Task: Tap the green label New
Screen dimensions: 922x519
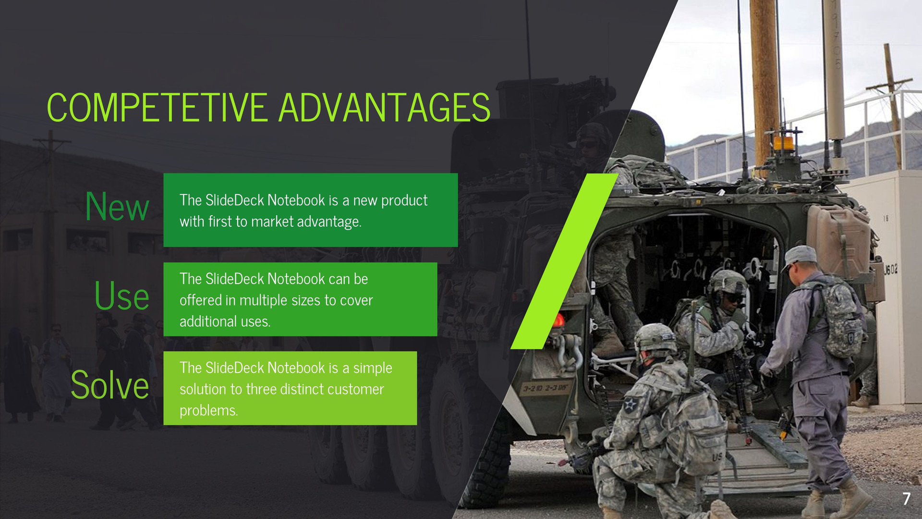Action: [x=117, y=207]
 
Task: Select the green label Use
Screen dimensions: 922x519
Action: [x=122, y=296]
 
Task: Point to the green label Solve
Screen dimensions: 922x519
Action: [x=110, y=385]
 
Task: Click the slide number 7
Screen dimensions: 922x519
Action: [x=906, y=498]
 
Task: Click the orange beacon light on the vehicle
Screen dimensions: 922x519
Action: [x=783, y=143]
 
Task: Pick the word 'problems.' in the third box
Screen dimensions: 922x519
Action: [x=209, y=410]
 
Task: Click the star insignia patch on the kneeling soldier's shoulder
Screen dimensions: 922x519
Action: [x=630, y=405]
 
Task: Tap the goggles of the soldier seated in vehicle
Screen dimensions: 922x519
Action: [x=734, y=298]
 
